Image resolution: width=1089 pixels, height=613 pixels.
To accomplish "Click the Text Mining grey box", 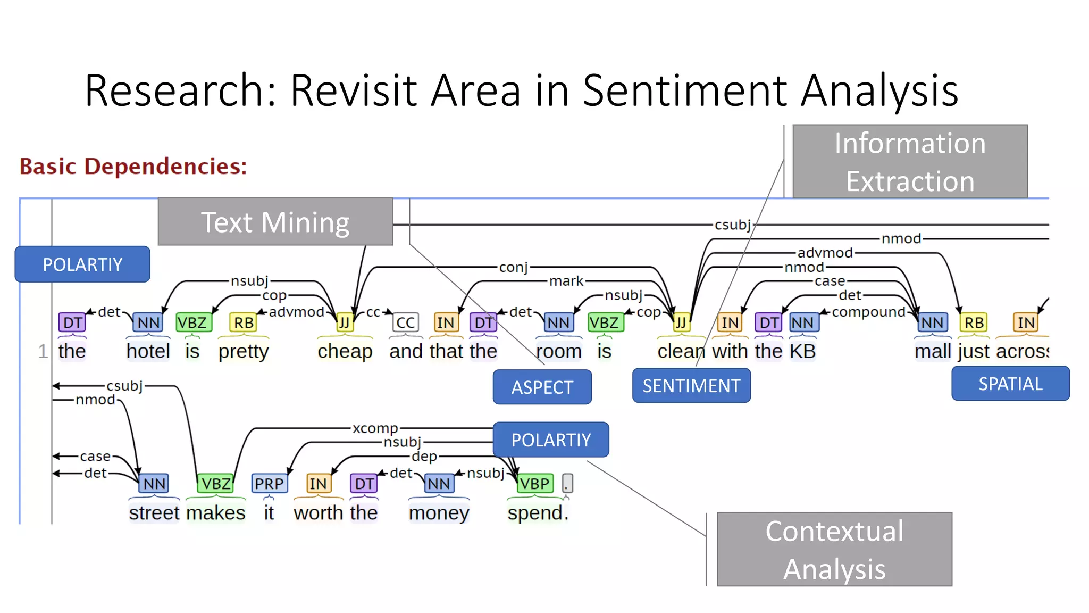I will (x=275, y=222).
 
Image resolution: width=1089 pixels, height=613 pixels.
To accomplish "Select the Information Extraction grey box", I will (x=909, y=162).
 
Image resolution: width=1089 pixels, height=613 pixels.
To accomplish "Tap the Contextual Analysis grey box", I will (x=834, y=550).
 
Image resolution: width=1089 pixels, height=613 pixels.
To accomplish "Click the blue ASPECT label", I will (x=542, y=387).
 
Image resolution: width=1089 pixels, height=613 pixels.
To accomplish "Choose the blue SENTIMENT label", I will (x=691, y=385).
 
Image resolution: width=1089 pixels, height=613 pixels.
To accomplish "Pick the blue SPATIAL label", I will (x=1010, y=383).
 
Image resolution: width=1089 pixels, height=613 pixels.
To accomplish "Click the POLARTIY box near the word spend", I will (x=550, y=440).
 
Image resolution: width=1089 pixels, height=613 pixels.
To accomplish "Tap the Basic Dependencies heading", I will (x=133, y=166).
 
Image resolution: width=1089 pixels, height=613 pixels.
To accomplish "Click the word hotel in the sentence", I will (x=148, y=351).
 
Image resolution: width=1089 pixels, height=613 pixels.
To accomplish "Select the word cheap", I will (x=345, y=351).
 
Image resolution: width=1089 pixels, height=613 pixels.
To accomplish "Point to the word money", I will (x=439, y=513).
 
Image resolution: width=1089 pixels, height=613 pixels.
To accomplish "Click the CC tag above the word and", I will (x=405, y=322).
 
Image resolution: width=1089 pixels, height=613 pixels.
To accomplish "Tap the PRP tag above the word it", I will (x=269, y=483).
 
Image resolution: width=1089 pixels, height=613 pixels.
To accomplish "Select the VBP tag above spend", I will (x=534, y=483).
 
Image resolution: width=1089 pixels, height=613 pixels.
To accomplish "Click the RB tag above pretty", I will (x=244, y=322).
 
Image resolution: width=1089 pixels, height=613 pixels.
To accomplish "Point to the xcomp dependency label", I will (x=375, y=428).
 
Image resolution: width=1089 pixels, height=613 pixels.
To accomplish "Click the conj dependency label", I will (x=513, y=267).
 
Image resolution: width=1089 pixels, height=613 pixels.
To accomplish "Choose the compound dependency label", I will (x=868, y=312).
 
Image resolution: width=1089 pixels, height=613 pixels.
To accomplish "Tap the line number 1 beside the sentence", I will (x=43, y=351).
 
